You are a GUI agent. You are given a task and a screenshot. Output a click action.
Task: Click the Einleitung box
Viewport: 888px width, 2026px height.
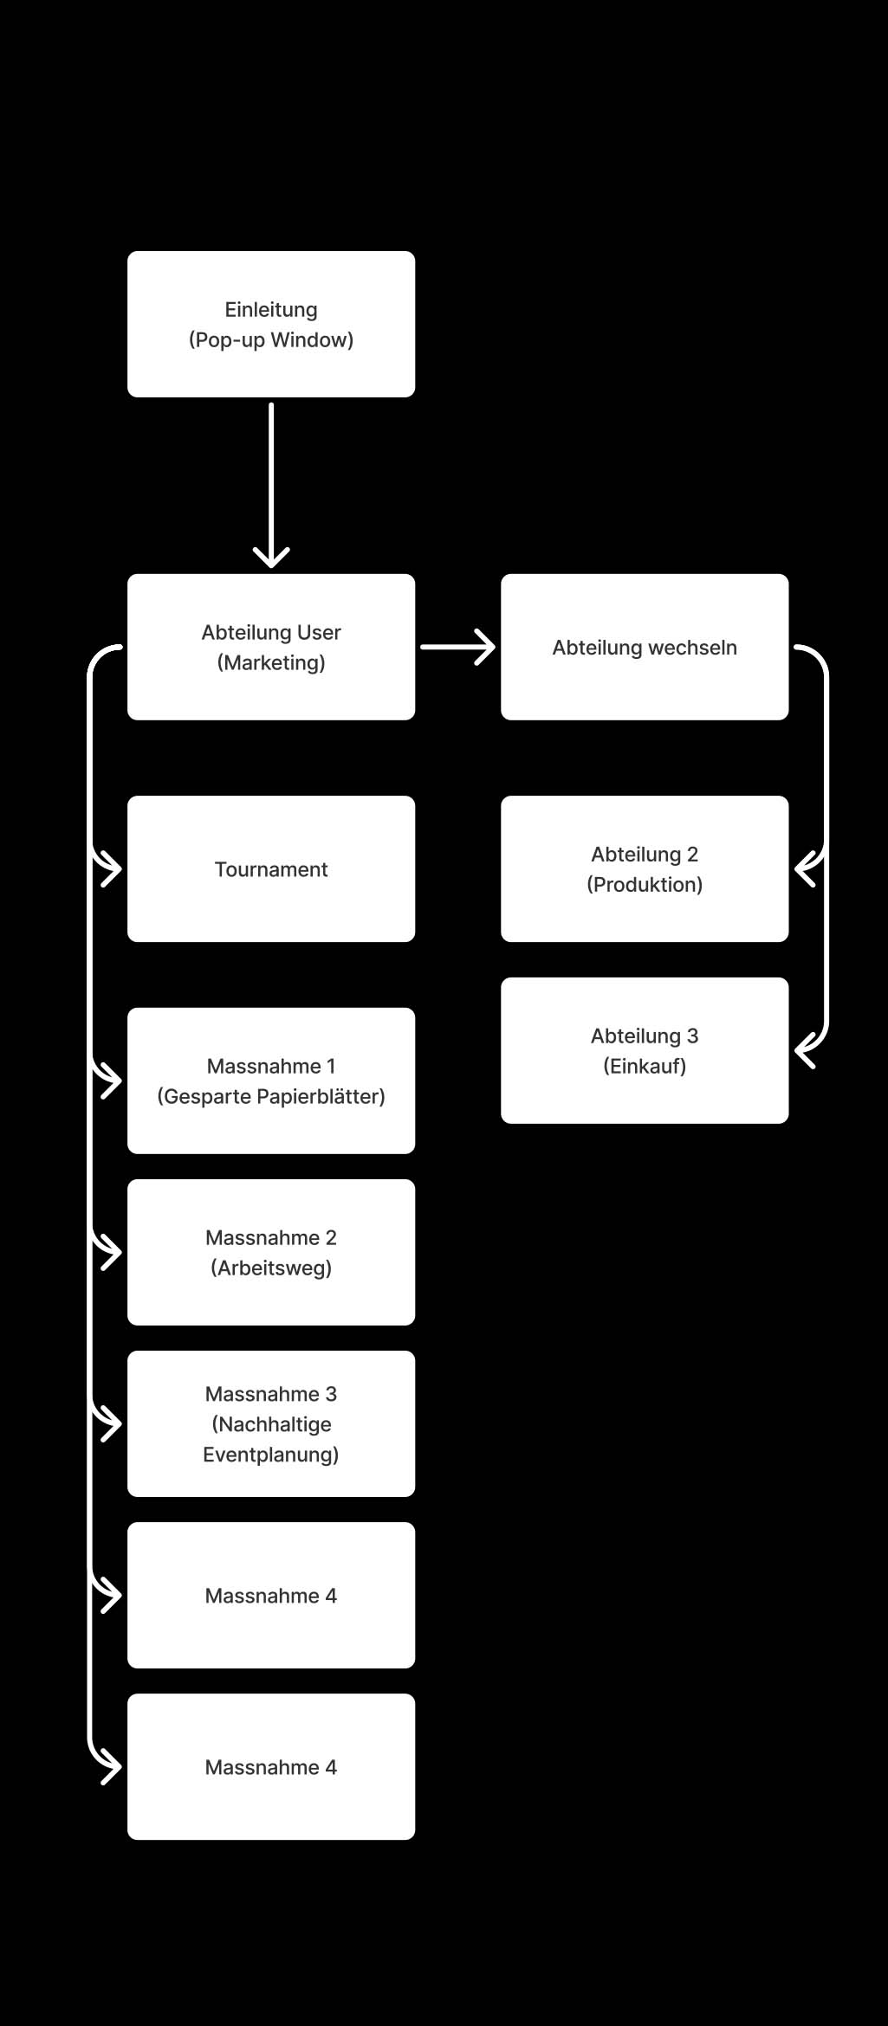[x=271, y=325]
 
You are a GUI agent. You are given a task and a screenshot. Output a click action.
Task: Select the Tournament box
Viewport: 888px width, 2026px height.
[x=271, y=869]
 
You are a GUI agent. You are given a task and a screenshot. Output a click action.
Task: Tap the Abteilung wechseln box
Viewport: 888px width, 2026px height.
[x=645, y=647]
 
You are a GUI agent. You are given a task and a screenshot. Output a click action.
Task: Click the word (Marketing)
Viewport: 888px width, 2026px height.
[x=271, y=663]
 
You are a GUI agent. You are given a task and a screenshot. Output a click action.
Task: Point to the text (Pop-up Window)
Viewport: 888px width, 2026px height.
[x=271, y=340]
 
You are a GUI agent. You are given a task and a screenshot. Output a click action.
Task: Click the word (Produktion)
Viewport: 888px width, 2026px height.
[x=645, y=885]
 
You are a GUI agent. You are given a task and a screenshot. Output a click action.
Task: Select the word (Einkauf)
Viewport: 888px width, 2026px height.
[x=645, y=1067]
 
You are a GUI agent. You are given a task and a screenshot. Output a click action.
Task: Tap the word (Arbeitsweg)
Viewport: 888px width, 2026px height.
[x=271, y=1268]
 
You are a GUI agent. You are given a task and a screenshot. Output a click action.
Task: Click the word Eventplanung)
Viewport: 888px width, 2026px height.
[x=271, y=1455]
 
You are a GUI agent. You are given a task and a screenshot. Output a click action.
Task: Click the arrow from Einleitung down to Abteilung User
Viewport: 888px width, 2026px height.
[x=271, y=485]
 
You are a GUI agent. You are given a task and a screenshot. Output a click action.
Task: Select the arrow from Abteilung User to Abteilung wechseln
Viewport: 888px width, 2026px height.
[x=457, y=647]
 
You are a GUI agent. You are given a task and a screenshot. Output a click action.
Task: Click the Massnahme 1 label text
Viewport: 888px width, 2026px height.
[x=271, y=1066]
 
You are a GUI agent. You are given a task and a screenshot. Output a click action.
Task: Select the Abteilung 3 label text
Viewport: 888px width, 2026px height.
[x=645, y=1036]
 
